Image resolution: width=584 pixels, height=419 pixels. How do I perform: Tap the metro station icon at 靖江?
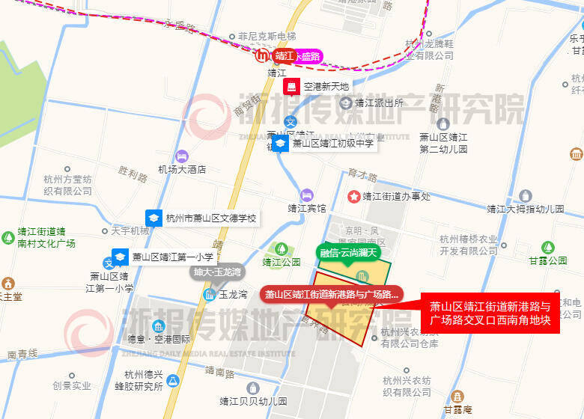[263, 55]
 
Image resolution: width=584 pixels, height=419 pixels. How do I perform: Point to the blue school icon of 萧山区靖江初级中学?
[280, 144]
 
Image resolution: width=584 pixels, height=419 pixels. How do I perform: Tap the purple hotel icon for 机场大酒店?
[182, 156]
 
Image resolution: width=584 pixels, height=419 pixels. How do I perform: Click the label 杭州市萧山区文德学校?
[211, 218]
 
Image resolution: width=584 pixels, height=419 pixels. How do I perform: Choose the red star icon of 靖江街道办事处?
[353, 196]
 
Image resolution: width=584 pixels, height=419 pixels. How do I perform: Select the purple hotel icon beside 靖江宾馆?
[306, 195]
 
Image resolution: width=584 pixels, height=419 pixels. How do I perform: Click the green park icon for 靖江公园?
[282, 248]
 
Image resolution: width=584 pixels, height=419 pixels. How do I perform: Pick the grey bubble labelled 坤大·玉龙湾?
[216, 272]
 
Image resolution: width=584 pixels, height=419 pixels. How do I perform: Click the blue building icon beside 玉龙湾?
[210, 295]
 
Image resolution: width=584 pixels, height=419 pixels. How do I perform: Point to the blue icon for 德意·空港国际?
[158, 326]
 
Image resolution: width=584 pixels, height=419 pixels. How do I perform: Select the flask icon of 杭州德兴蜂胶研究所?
[174, 381]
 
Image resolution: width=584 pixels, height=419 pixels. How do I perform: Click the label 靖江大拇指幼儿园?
[525, 209]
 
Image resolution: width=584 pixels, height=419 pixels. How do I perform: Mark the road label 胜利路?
[133, 175]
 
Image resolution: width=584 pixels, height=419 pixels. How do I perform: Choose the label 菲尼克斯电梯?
[267, 36]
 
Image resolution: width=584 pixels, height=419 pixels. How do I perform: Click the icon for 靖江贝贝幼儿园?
[252, 388]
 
